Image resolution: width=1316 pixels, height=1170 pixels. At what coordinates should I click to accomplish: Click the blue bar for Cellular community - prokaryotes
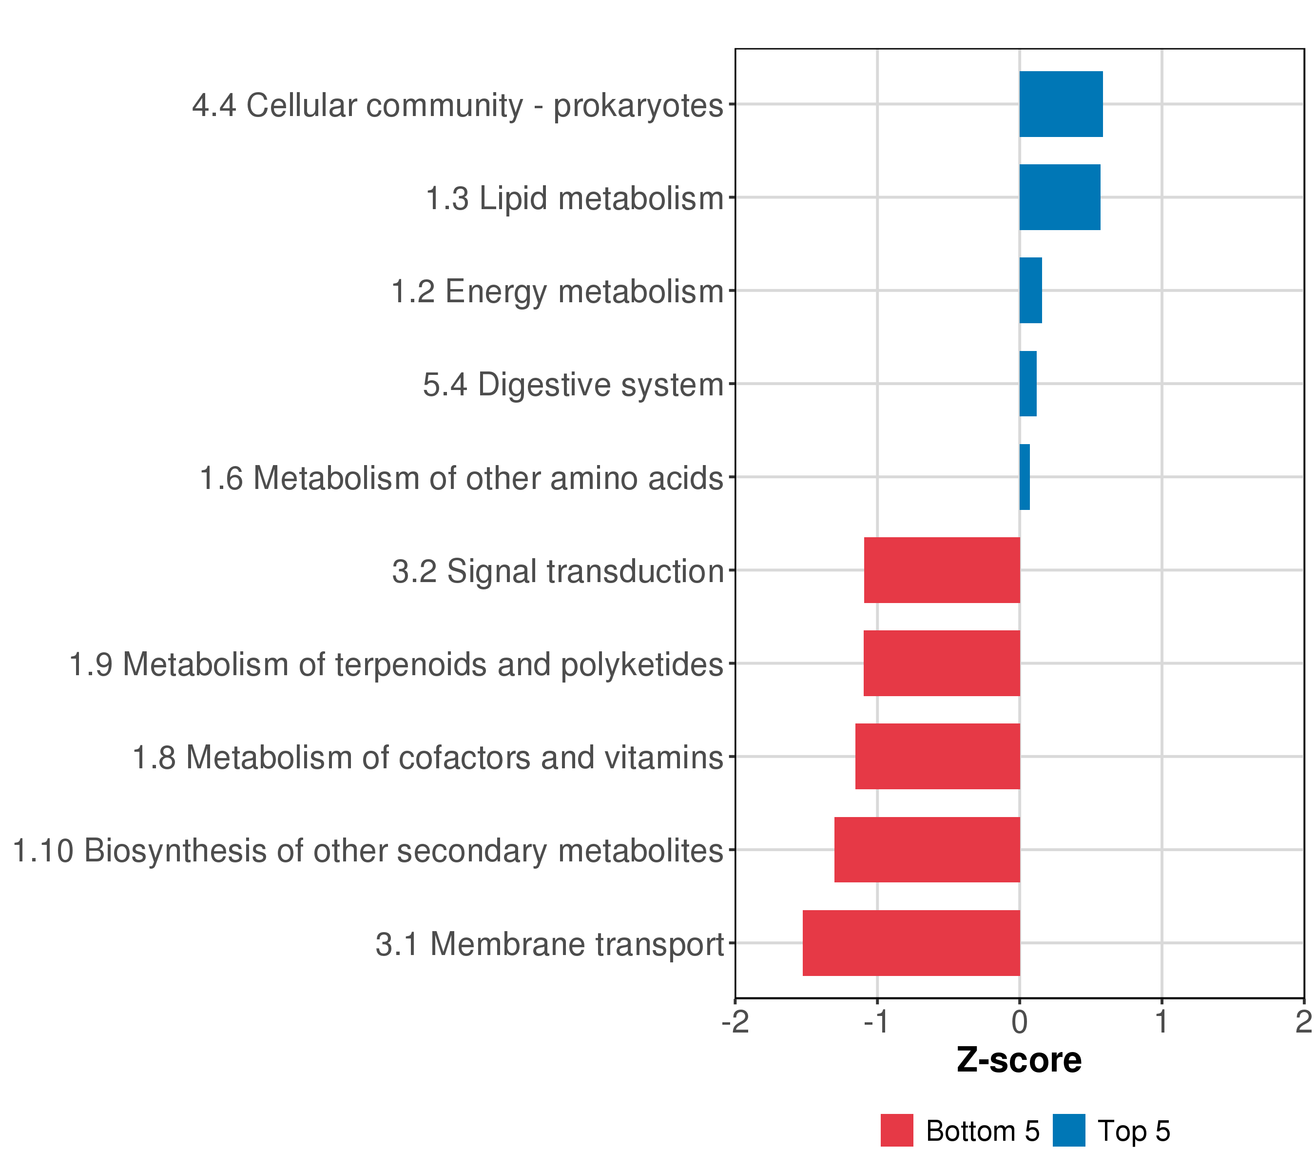point(1061,104)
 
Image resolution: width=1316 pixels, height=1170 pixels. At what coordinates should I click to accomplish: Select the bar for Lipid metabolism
point(1059,197)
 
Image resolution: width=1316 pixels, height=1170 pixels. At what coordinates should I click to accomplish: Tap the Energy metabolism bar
point(1030,291)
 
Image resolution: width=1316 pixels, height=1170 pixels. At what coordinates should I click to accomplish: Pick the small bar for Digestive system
point(1027,384)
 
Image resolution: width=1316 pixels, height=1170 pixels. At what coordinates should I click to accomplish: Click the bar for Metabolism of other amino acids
point(1025,477)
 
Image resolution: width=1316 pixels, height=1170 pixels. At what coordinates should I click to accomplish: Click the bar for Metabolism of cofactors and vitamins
point(937,757)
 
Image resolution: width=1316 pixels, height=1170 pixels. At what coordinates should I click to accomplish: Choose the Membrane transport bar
point(911,943)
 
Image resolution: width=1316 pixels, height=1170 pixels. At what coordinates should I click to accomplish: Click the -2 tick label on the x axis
point(735,1022)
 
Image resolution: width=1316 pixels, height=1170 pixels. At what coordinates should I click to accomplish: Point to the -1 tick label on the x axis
point(877,1022)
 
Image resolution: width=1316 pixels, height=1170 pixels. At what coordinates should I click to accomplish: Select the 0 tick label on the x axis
point(1019,1022)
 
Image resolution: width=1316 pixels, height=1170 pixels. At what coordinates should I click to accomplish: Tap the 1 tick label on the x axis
point(1161,1022)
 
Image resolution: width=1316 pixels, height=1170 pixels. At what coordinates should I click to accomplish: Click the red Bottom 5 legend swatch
point(897,1131)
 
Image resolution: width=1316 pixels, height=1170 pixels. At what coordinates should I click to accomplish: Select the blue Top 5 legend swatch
point(1069,1131)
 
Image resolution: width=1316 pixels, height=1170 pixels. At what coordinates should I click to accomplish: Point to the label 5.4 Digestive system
point(573,385)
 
